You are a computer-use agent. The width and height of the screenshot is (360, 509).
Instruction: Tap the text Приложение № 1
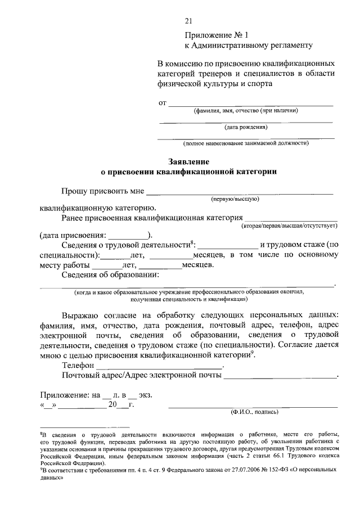pyautogui.click(x=208, y=35)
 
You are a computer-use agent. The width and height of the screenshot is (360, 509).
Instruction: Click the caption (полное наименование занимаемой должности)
pyautogui.click(x=246, y=143)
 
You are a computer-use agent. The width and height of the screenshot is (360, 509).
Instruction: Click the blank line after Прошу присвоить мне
pyautogui.click(x=239, y=192)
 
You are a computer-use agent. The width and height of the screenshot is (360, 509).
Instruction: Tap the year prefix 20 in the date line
pyautogui.click(x=113, y=404)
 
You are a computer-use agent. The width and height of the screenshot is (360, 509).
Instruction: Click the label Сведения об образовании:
pyautogui.click(x=110, y=274)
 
